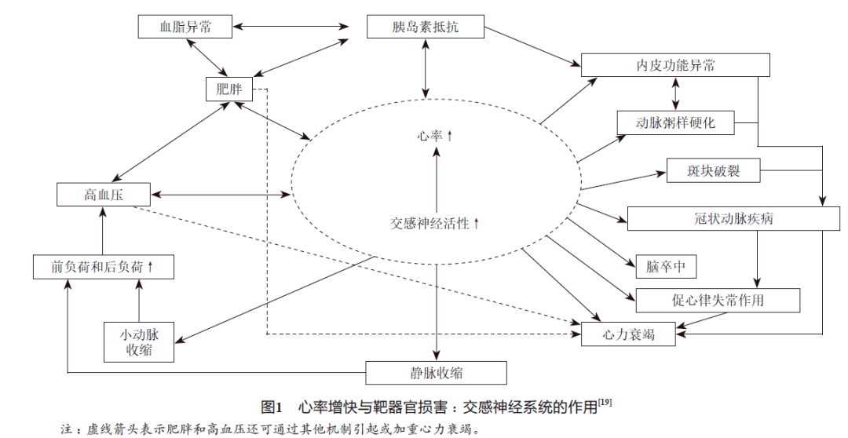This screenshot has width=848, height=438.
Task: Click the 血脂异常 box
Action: click(185, 27)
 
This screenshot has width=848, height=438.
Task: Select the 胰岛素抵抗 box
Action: click(426, 27)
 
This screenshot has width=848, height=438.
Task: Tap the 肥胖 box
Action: click(228, 89)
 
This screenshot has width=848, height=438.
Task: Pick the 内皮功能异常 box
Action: click(675, 65)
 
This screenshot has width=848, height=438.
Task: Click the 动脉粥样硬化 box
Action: click(675, 122)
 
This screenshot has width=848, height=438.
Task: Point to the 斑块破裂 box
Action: click(713, 170)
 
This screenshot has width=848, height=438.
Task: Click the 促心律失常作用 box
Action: click(718, 300)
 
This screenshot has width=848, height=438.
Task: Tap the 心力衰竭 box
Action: click(628, 334)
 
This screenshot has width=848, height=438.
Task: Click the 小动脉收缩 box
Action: click(137, 341)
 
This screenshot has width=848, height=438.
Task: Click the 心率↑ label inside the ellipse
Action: click(435, 136)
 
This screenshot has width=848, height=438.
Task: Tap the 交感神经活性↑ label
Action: click(435, 223)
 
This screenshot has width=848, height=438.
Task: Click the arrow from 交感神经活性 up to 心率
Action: click(435, 181)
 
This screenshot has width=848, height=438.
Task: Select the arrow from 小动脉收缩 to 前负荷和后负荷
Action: click(138, 300)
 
